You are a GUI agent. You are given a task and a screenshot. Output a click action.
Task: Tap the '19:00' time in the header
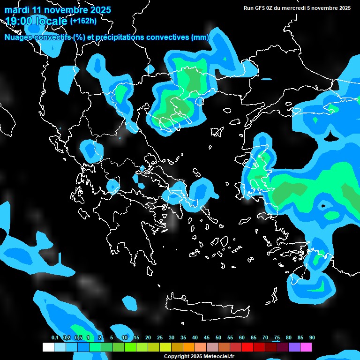19,21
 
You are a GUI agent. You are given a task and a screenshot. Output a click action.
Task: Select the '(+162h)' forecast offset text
83,21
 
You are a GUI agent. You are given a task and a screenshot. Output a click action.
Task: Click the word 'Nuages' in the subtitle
19,37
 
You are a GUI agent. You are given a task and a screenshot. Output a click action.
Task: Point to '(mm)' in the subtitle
200,37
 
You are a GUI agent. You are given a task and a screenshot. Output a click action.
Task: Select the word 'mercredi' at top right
293,8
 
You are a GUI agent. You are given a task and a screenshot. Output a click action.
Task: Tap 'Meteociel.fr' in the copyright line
218,356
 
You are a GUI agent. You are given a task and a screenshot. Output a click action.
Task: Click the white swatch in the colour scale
48,347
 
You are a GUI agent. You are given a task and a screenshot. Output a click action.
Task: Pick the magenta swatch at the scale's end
306,347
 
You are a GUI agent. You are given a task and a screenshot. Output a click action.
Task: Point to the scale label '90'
312,337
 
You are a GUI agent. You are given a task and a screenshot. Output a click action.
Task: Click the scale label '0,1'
55,337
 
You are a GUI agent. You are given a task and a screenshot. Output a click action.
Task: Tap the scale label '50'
218,337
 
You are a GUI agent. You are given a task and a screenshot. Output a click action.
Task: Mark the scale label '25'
160,337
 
